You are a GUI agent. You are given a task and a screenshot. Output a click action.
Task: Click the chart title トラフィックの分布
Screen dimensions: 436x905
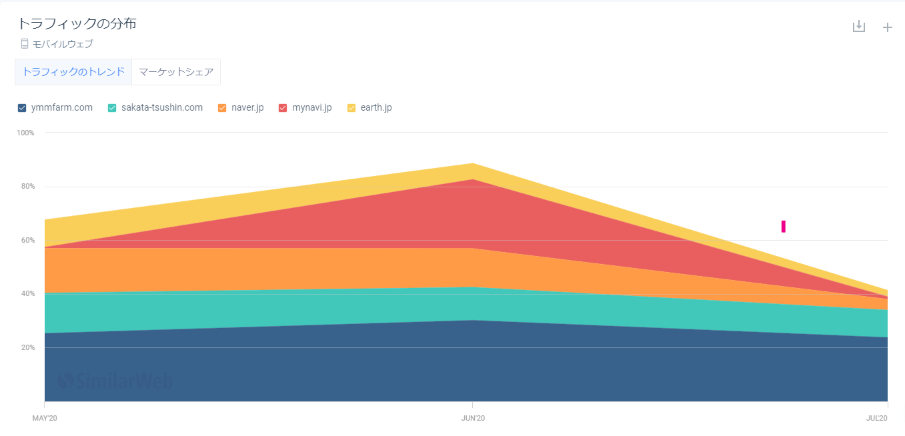point(77,24)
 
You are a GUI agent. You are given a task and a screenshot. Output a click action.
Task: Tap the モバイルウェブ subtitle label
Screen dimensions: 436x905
point(63,44)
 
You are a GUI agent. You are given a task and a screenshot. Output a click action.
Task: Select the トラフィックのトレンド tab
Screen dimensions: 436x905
point(73,72)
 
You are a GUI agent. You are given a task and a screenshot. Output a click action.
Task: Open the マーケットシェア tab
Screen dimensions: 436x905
point(176,72)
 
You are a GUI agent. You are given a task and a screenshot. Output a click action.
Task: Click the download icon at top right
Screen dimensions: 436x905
point(859,27)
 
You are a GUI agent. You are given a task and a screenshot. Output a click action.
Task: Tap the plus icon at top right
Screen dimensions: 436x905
point(887,27)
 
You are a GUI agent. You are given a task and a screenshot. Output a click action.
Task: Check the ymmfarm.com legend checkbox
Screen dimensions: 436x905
point(22,108)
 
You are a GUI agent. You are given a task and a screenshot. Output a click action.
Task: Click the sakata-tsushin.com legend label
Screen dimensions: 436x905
point(162,107)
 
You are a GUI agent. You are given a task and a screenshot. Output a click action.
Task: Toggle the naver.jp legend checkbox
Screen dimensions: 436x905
point(222,108)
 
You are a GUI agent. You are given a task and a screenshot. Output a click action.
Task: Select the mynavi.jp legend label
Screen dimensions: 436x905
point(311,107)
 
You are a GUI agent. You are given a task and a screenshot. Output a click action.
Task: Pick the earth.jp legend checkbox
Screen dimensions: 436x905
point(351,108)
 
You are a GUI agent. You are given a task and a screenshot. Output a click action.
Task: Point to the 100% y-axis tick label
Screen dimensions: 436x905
point(25,133)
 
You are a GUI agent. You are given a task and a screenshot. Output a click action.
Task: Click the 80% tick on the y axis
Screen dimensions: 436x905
point(27,187)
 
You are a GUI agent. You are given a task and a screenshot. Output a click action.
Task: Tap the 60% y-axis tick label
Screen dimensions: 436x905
point(27,240)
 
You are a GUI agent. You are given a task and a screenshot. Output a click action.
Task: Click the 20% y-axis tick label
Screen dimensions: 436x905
point(27,347)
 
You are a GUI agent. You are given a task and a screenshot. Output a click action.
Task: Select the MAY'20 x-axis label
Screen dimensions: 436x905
point(45,418)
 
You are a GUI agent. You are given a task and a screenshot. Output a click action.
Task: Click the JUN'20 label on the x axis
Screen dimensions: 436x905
point(473,418)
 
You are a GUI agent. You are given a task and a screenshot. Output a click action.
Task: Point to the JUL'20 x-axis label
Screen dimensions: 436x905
point(877,418)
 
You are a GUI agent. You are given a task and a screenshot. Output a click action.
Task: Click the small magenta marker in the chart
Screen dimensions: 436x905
point(784,227)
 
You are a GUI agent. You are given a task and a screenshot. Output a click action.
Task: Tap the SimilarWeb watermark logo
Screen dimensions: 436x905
point(115,381)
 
